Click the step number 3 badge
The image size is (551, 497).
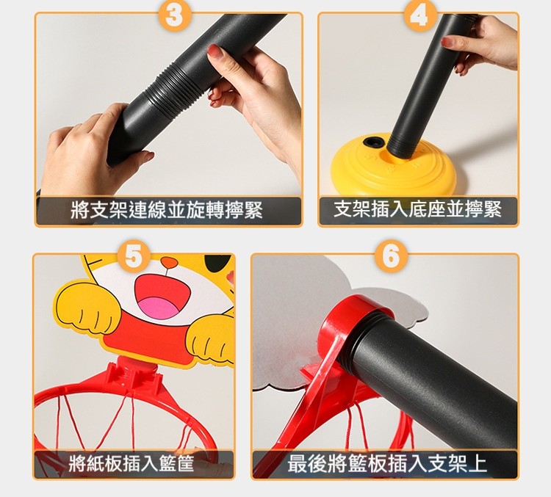click(x=174, y=16)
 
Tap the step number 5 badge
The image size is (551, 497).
click(x=134, y=256)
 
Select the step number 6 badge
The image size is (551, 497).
click(x=390, y=256)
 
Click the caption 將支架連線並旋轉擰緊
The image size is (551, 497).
click(x=167, y=210)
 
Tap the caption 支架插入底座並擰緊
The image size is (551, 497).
click(x=417, y=209)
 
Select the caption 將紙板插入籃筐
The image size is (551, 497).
click(x=131, y=463)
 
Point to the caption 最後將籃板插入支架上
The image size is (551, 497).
click(x=387, y=463)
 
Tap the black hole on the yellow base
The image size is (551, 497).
click(x=374, y=142)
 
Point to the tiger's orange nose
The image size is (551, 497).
click(x=169, y=262)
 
